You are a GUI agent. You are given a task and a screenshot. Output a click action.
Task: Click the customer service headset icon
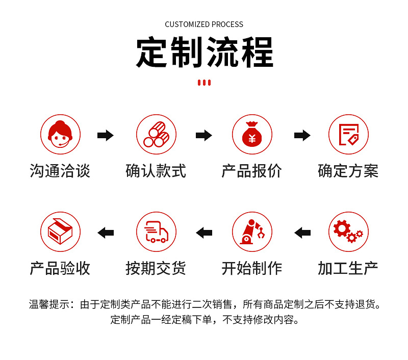click(60, 135)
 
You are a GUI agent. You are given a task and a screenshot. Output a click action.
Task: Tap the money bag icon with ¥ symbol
click(252, 135)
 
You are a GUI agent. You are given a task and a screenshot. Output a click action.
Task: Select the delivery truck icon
click(156, 232)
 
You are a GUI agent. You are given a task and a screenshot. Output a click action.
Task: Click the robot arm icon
click(252, 232)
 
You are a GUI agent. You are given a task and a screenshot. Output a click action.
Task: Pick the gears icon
click(348, 232)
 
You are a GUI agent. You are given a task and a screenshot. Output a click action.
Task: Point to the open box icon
click(60, 232)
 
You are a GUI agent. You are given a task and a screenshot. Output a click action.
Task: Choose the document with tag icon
click(348, 135)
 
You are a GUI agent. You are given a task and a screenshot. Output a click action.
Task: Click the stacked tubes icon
click(156, 135)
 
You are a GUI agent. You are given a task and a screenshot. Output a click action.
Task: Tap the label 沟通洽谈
click(60, 171)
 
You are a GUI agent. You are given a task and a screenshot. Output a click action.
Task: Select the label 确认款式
click(156, 171)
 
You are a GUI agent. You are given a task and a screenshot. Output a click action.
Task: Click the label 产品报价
click(252, 171)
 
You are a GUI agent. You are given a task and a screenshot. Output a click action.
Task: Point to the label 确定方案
click(348, 171)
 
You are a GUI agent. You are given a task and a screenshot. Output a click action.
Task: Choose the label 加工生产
click(348, 268)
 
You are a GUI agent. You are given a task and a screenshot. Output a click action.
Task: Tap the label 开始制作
click(252, 268)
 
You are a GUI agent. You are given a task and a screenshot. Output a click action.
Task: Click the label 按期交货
click(156, 268)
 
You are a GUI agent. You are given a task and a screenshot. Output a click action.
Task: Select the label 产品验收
click(60, 268)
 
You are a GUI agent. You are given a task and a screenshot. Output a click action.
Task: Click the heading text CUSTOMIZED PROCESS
click(204, 24)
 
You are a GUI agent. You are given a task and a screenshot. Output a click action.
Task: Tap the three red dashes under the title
click(204, 83)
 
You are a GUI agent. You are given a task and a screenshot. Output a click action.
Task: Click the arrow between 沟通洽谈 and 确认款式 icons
click(106, 135)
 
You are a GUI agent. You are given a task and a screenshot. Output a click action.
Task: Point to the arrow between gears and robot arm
click(302, 233)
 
